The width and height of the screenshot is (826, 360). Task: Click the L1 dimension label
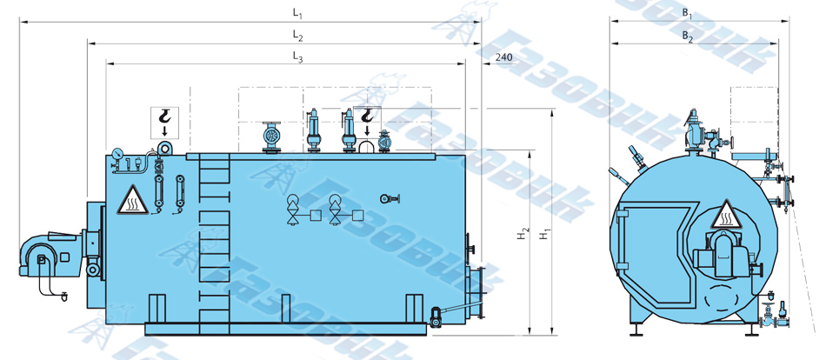coord(297,14)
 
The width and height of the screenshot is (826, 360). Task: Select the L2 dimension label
coord(297,37)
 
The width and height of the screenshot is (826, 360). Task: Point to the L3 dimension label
coord(297,58)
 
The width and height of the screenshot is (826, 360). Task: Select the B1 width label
coord(688,14)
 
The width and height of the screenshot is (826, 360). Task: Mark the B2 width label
coord(688,37)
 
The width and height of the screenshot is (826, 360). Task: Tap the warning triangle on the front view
coord(726,215)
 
